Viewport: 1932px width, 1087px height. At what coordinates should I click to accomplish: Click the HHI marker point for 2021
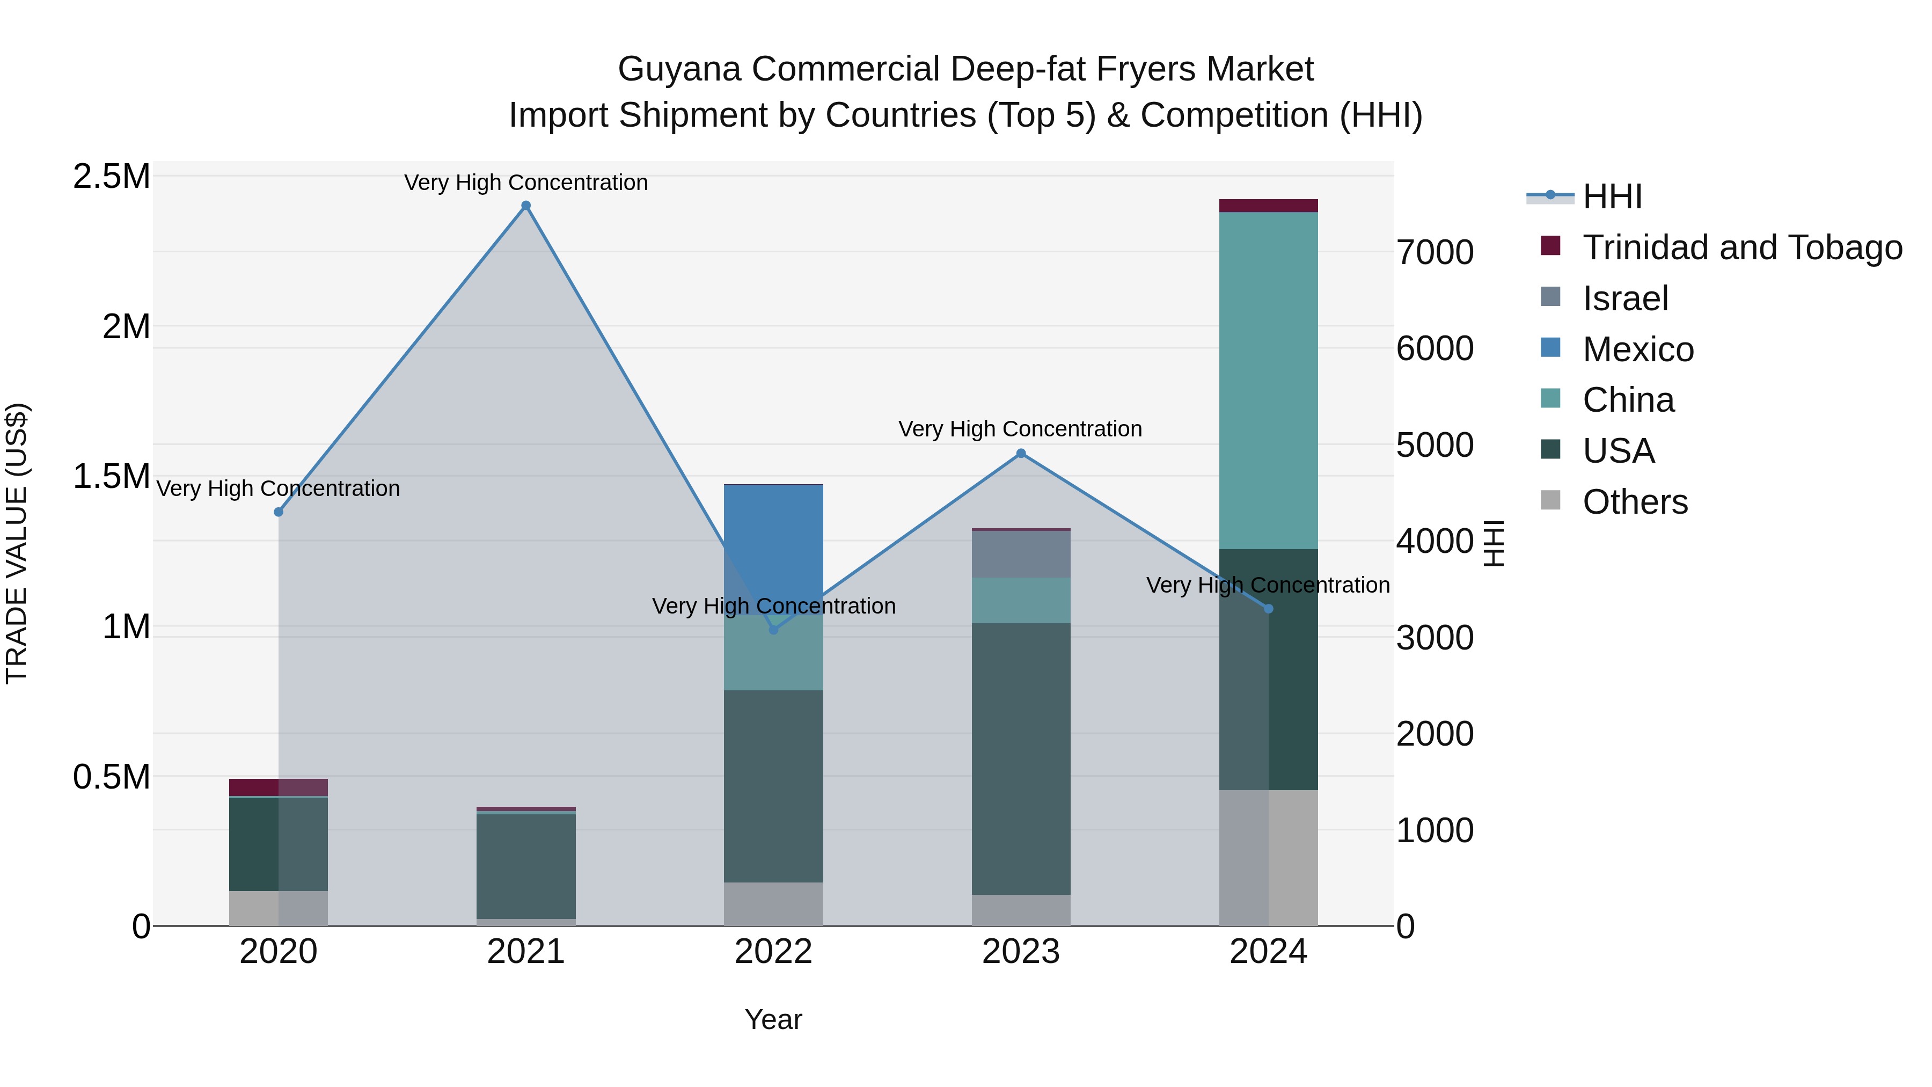pos(526,206)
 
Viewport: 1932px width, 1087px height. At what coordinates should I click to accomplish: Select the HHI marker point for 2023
pos(1021,453)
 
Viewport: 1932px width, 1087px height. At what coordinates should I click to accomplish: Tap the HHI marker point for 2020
pos(278,512)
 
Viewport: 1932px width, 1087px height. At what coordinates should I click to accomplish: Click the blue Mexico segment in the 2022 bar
pos(773,548)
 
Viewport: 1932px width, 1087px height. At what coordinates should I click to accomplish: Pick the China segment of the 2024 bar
pos(1268,381)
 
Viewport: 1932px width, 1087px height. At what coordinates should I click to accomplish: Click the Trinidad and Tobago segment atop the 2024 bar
pos(1268,206)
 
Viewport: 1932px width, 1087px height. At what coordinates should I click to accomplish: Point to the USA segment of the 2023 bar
pos(1021,757)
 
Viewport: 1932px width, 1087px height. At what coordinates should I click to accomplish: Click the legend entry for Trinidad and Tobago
pos(1742,247)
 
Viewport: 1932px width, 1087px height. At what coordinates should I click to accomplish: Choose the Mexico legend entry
pos(1638,349)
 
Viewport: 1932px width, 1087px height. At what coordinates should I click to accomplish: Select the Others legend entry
pos(1635,502)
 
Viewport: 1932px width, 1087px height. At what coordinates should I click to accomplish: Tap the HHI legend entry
pos(1613,196)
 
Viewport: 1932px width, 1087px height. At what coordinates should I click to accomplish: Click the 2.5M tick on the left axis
pos(112,177)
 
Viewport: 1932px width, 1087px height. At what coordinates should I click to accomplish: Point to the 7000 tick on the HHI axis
pos(1435,252)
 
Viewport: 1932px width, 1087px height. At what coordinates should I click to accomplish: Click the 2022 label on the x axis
pos(773,952)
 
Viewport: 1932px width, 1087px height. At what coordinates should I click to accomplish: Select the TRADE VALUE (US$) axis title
pos(17,543)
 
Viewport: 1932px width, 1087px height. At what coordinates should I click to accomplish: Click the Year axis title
pos(773,1019)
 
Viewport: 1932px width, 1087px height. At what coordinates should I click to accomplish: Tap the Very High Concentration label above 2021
pos(526,183)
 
